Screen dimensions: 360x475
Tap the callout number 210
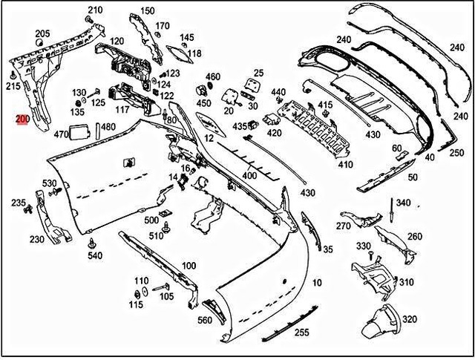(x=94, y=10)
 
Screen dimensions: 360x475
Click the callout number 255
(x=301, y=333)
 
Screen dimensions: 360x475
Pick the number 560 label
(x=205, y=321)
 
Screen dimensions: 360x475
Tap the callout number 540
(x=94, y=256)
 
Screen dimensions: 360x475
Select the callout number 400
(x=250, y=176)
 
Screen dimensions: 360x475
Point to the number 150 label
(x=148, y=10)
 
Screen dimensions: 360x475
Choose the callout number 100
(x=189, y=266)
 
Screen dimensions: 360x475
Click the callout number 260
(x=414, y=237)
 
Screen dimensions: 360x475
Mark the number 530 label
(x=49, y=183)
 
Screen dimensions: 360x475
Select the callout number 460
(x=213, y=76)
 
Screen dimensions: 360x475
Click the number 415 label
(x=325, y=104)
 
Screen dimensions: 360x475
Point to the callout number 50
(x=413, y=177)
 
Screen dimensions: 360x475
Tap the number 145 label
(x=187, y=37)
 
